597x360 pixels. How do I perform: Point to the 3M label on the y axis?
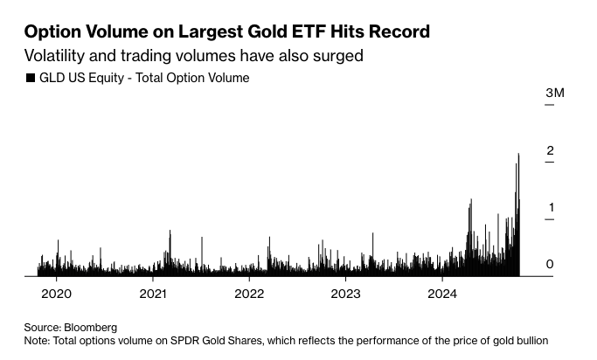555,93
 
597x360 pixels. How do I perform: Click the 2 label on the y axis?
550,151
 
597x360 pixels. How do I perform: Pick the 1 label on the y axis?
550,208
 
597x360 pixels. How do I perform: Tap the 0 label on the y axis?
550,265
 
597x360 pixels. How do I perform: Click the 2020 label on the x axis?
56,292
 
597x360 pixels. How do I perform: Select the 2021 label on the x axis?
153,292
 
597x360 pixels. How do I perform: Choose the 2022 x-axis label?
249,292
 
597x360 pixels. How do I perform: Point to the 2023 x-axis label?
345,292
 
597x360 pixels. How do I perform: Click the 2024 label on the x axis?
442,292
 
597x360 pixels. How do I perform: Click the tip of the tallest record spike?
518,154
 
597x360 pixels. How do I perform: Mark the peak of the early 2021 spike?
170,231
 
